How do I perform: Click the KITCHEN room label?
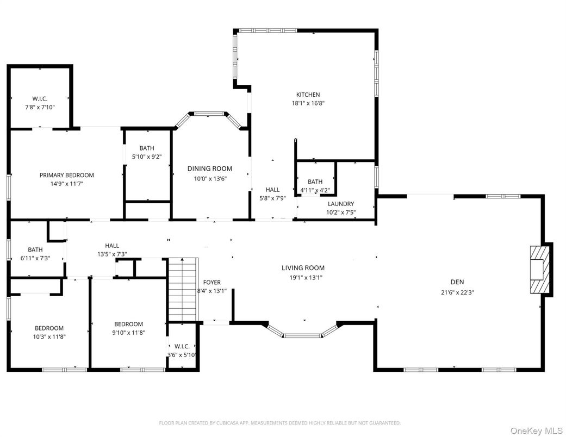tap(308, 95)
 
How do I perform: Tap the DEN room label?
tap(457, 282)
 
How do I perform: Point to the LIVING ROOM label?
tap(303, 267)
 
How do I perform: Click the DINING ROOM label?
tap(210, 168)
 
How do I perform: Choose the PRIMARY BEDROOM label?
tap(66, 175)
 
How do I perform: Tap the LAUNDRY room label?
tap(341, 204)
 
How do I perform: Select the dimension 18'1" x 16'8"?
tap(308, 103)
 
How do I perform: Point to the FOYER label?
tap(212, 282)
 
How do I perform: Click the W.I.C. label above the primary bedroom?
tap(40, 98)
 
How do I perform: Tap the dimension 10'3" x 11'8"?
tap(49, 336)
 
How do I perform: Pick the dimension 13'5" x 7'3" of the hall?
tap(112, 254)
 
